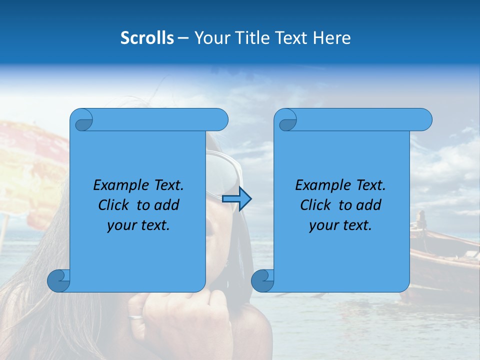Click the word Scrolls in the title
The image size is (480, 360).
tap(147, 38)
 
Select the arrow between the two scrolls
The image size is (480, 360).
tap(236, 199)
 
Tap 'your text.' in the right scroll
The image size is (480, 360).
tap(340, 225)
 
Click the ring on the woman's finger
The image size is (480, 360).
tap(135, 316)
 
